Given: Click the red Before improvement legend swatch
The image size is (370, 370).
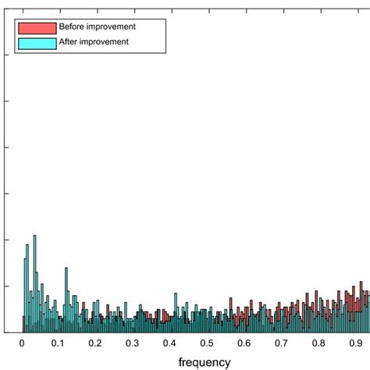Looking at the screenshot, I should point(37,28).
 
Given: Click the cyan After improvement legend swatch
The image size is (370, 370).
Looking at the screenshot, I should point(37,43).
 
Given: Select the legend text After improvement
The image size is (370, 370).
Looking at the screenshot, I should point(94,42).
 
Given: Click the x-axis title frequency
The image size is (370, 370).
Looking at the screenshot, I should point(205,362).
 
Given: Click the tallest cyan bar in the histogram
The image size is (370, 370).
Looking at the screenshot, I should point(34,281).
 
